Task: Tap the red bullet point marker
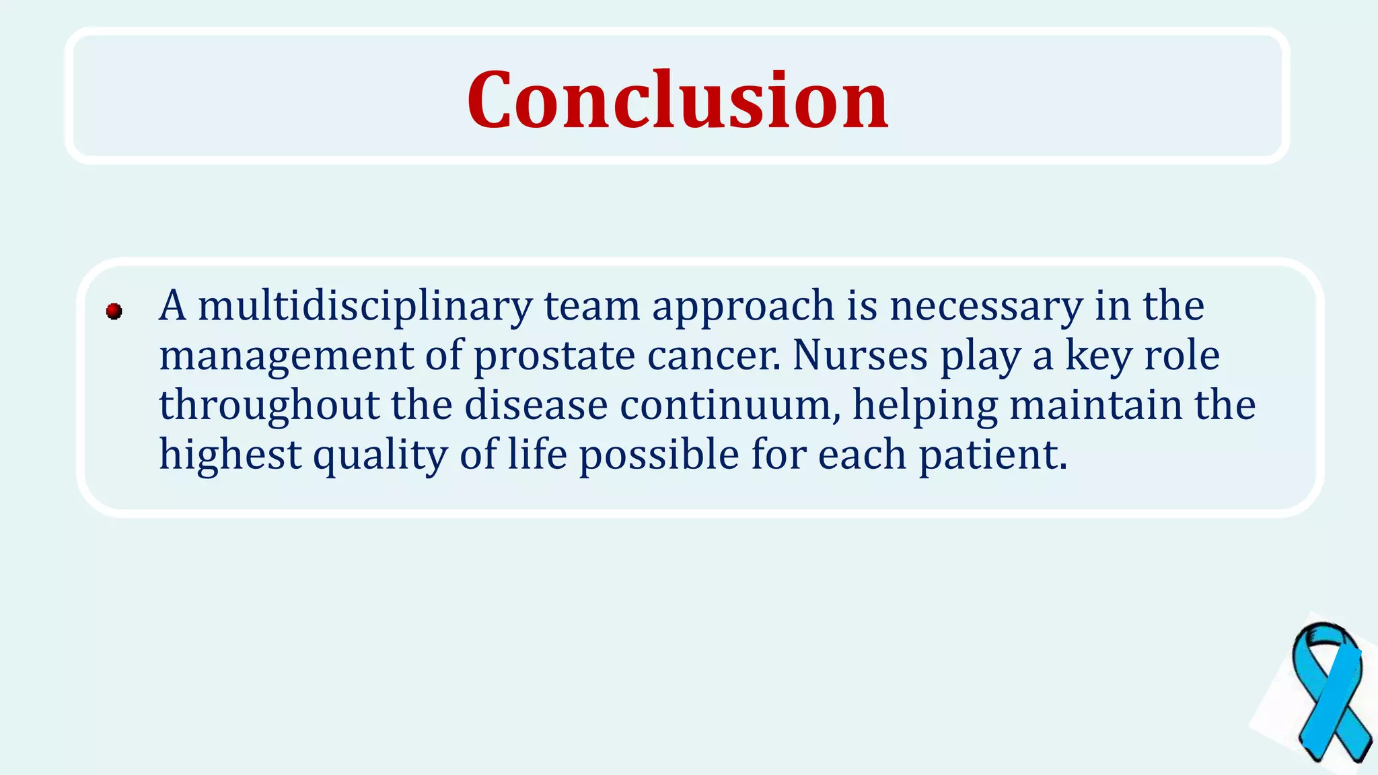(x=114, y=311)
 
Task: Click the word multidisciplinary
(x=365, y=306)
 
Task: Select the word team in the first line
(x=591, y=306)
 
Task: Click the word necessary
(x=986, y=306)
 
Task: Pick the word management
(x=286, y=357)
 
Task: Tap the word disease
(x=536, y=405)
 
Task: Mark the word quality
(x=380, y=456)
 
